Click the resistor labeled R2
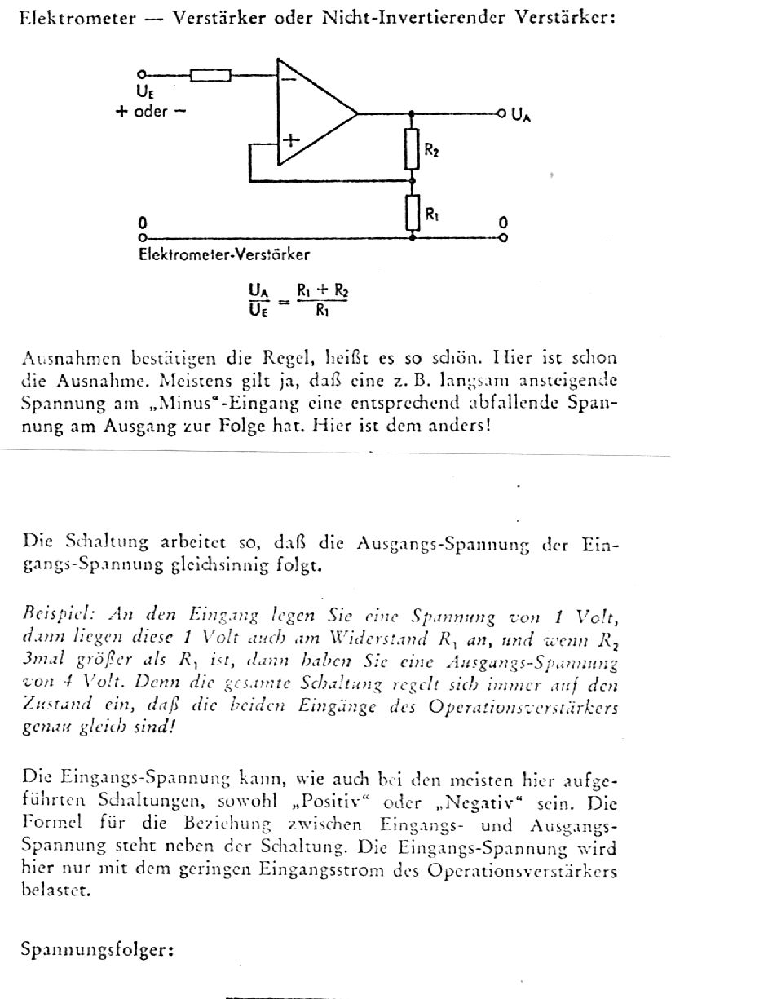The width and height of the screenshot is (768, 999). [x=413, y=148]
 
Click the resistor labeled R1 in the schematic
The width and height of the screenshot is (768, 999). [x=413, y=211]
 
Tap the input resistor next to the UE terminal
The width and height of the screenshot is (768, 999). [x=210, y=75]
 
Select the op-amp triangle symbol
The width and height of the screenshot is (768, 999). [x=314, y=113]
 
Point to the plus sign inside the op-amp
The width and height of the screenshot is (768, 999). [x=290, y=140]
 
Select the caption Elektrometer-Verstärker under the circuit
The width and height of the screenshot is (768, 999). [x=223, y=254]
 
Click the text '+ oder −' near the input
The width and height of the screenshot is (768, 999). [x=150, y=112]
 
